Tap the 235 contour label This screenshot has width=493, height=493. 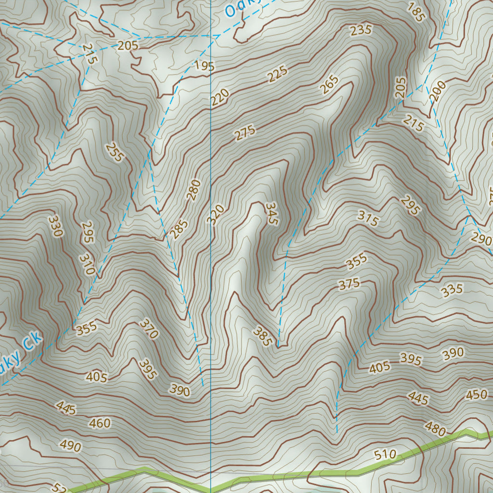tap(361, 30)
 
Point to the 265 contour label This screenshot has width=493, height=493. tap(329, 84)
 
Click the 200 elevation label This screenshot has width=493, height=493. tap(438, 91)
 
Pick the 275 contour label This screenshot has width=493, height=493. tap(245, 133)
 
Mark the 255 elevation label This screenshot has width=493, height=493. tap(116, 152)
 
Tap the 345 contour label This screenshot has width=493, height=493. tap(272, 213)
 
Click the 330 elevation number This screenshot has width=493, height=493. tap(55, 226)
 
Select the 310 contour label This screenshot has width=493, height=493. tap(88, 264)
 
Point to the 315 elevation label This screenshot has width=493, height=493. tap(368, 219)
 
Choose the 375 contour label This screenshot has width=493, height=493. tap(349, 284)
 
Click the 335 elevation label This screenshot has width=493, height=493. tap(452, 290)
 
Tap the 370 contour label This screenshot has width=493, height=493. tap(149, 329)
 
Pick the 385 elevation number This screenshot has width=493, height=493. tap(262, 337)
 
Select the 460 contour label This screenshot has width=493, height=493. tap(100, 424)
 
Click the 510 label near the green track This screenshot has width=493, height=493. tap(385, 454)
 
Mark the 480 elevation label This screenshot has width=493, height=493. tap(435, 428)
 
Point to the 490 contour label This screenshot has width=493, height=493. tap(71, 446)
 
